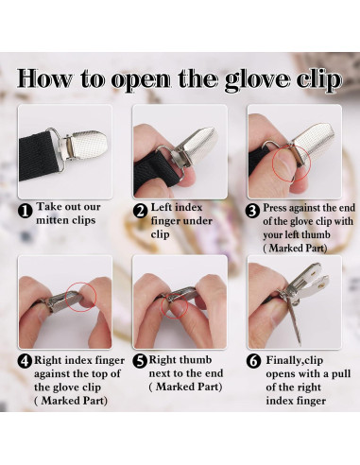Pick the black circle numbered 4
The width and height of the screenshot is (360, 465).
25,361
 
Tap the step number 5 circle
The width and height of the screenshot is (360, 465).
140,361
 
